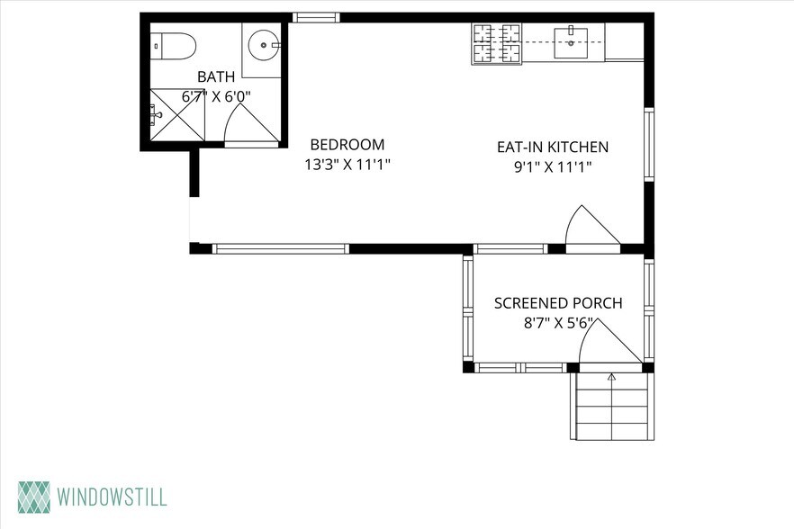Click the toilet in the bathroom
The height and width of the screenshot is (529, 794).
(x=173, y=46)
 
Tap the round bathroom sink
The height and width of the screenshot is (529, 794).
(x=263, y=45)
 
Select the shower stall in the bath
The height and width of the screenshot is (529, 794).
(x=177, y=114)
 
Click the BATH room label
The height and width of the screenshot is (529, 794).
(x=216, y=77)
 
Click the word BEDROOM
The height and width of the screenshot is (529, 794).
(x=347, y=145)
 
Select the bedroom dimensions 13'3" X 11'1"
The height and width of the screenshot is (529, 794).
(x=349, y=165)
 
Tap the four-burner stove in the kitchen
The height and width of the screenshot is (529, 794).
(x=496, y=44)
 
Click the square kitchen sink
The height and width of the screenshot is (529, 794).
(x=571, y=43)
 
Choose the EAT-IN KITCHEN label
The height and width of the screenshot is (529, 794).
(x=553, y=148)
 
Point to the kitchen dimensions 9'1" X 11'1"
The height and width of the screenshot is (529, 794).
(x=553, y=166)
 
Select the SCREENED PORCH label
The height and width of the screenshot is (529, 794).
(x=558, y=303)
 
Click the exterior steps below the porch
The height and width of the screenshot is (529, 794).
(x=612, y=407)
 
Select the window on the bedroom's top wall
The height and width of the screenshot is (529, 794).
(x=317, y=18)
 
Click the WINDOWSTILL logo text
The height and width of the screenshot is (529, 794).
(x=112, y=498)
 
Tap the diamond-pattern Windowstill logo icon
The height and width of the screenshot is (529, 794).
(x=34, y=498)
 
